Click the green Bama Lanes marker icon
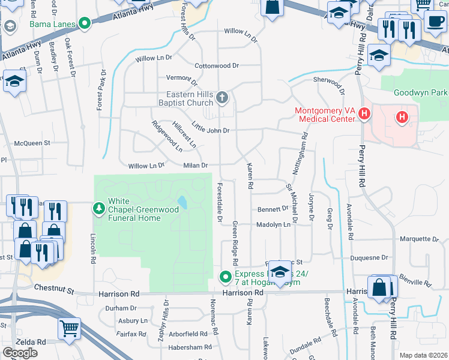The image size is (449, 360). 85,24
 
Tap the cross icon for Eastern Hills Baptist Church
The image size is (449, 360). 222,98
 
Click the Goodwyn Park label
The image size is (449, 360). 421,93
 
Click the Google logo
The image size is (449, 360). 20,353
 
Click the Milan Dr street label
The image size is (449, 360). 196,166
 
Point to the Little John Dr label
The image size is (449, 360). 210,128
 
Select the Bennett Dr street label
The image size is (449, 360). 273,209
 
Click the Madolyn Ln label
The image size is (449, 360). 274,224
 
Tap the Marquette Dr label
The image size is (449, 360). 420,239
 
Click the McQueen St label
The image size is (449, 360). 32,143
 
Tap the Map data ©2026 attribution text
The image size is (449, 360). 424,355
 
